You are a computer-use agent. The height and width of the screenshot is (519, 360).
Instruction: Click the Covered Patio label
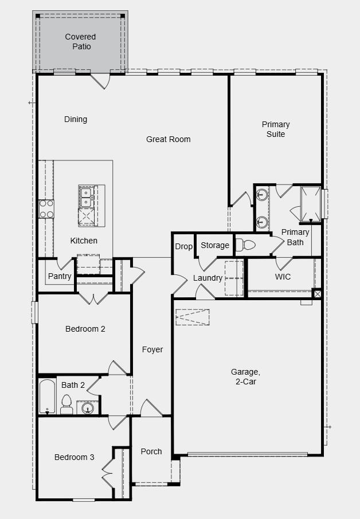[x=80, y=42]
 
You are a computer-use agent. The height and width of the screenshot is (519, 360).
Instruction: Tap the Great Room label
[x=168, y=139]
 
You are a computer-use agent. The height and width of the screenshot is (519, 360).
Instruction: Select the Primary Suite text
[x=276, y=129]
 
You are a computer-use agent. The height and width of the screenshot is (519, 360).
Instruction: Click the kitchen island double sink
[x=86, y=197]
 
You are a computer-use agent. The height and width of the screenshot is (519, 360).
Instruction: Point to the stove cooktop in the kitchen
[x=46, y=209]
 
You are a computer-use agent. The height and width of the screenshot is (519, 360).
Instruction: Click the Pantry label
[x=60, y=276]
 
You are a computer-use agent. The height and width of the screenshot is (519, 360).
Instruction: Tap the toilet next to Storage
[x=246, y=245]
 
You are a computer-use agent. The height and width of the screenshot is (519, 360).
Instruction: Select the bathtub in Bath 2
[x=48, y=396]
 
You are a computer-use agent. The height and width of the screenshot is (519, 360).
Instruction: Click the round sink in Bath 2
[x=87, y=408]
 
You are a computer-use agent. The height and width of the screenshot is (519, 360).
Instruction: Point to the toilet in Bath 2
[x=66, y=404]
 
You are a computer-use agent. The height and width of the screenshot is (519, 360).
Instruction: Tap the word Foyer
[x=152, y=349]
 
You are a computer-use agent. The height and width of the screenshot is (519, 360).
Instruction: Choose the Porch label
[x=151, y=451]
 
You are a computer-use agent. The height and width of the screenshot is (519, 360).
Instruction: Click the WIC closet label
[x=283, y=277]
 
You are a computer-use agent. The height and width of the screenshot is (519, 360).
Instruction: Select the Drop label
[x=183, y=246]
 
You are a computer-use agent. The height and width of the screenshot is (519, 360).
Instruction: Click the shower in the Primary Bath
[x=310, y=203]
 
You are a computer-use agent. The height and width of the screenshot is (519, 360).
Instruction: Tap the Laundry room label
[x=208, y=278]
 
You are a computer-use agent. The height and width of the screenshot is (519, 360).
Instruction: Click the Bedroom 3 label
[x=75, y=457]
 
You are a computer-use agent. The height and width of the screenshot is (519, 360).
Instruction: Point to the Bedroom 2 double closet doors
[x=93, y=298]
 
